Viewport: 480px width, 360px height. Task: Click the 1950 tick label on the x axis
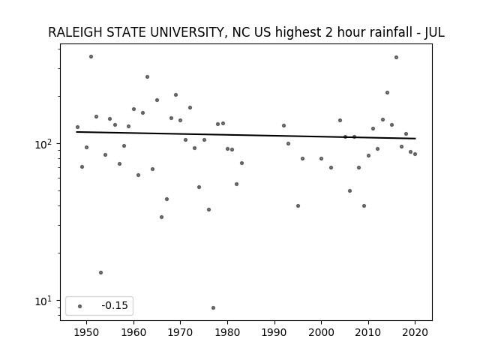(87, 332)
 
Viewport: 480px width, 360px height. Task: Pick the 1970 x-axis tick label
(180, 332)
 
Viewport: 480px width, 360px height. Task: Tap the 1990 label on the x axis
(274, 332)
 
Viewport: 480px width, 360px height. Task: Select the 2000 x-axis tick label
(321, 332)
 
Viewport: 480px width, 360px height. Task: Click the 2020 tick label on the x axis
(415, 332)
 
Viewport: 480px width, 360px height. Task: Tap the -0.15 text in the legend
(115, 305)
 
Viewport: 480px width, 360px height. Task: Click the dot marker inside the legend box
(80, 306)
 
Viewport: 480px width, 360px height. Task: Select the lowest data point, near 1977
(213, 307)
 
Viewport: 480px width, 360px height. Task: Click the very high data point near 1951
(91, 57)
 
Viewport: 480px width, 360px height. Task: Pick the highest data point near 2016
(397, 57)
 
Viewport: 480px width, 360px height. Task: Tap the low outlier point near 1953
(100, 272)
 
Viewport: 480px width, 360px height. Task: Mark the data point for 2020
(415, 154)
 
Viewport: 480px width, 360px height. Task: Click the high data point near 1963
(147, 76)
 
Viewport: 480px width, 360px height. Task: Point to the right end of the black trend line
(415, 139)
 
